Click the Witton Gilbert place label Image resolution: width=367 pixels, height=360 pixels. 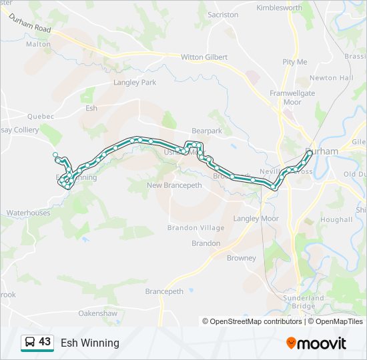(204, 57)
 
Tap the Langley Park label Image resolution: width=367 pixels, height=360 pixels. (135, 82)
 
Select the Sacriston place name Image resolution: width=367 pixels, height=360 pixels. (223, 15)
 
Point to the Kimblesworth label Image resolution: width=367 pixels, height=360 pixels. (280, 7)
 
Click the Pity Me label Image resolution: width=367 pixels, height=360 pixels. (294, 62)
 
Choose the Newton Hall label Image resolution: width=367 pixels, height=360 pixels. (332, 78)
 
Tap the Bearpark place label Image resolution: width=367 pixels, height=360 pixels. (206, 131)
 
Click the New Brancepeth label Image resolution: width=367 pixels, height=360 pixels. (173, 185)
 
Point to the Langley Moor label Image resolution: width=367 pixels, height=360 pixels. (256, 219)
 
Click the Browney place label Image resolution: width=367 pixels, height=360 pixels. (241, 258)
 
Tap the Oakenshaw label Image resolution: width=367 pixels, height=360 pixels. (97, 313)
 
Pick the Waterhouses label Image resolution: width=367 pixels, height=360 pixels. (28, 213)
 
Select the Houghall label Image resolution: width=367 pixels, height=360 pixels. (336, 219)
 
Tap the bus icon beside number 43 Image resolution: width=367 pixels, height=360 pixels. (30, 343)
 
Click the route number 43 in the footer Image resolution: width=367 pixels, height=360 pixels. (45, 342)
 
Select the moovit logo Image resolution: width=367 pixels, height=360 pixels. (316, 343)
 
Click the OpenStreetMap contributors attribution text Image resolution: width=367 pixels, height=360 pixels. (252, 321)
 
